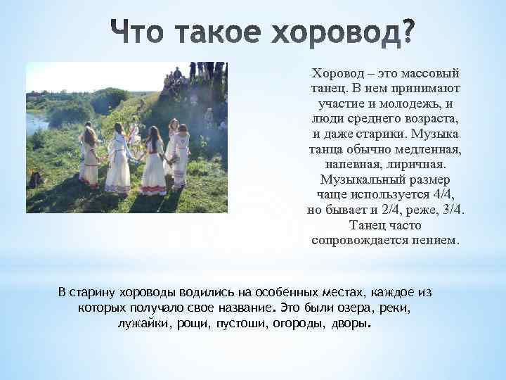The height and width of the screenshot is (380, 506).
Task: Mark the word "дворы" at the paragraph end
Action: tap(351, 324)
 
